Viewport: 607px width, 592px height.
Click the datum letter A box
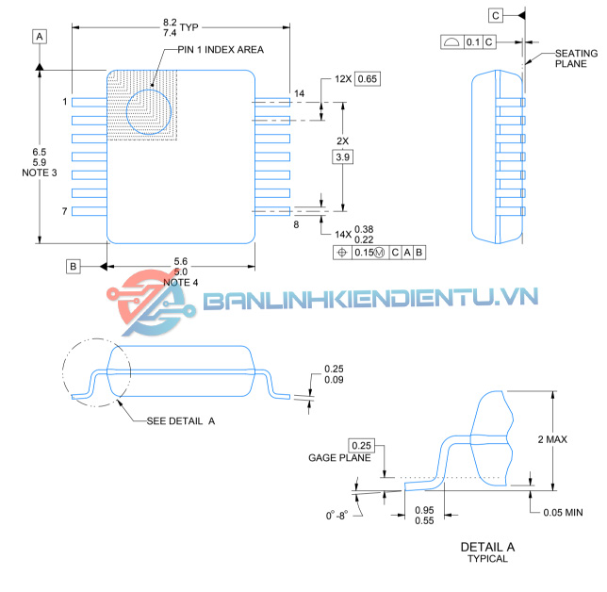pos(40,36)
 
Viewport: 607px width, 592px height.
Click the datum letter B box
pos(74,266)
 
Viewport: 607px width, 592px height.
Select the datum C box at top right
pos(496,14)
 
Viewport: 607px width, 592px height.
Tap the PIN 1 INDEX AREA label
pos(221,49)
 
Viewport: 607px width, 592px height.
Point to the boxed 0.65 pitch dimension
pos(368,79)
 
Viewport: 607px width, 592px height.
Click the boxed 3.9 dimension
pos(343,156)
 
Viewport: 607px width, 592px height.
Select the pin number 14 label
pos(300,93)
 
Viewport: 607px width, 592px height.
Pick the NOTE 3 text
pos(39,173)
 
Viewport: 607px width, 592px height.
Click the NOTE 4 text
pos(181,282)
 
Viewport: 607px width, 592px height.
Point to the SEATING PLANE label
pos(575,58)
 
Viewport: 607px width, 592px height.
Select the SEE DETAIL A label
pos(181,420)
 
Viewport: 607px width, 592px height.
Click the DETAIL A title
pos(487,547)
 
